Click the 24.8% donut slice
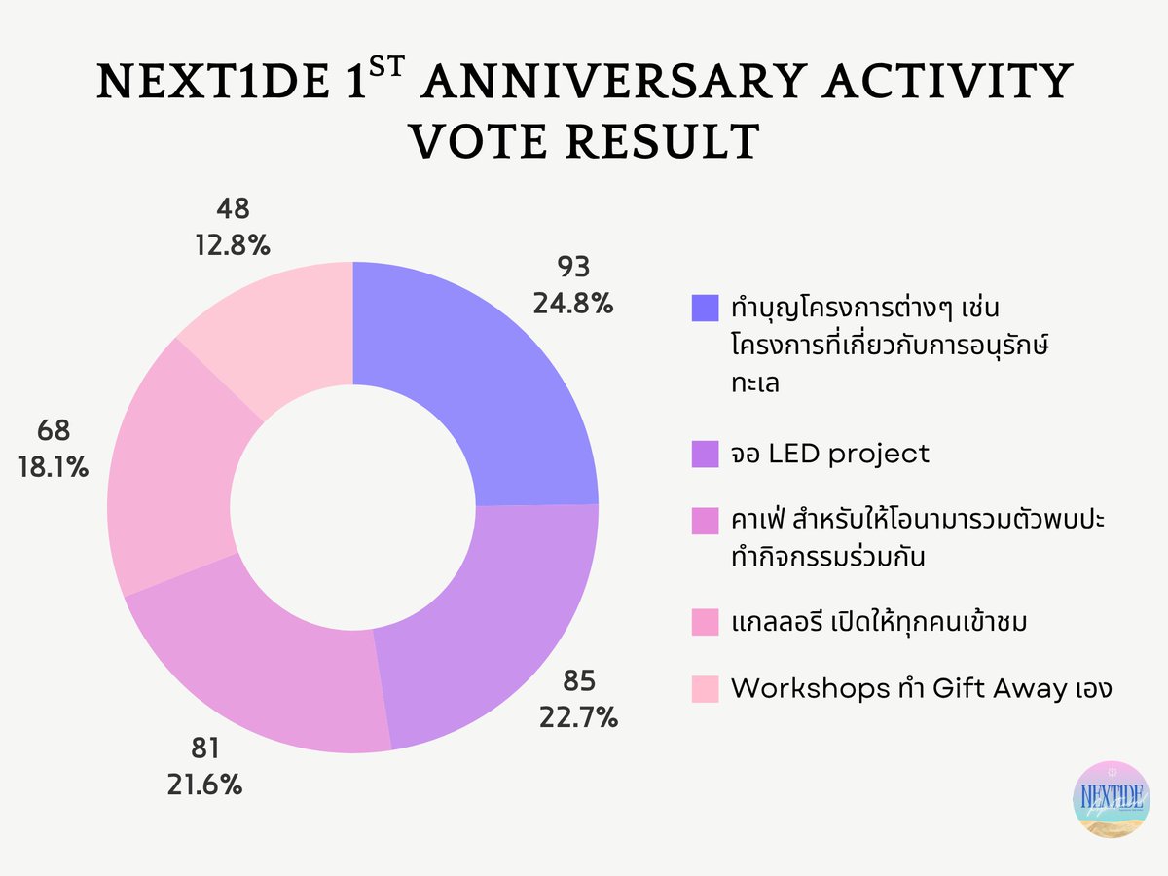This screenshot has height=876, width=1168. (x=477, y=389)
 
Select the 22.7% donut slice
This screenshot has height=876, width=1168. (x=487, y=623)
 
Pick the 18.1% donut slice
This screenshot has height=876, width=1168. (x=175, y=467)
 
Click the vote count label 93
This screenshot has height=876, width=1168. (x=572, y=268)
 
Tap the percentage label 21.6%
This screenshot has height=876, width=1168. (x=203, y=784)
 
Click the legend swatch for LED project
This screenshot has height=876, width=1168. (x=705, y=453)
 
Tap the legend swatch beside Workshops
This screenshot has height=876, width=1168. (x=705, y=688)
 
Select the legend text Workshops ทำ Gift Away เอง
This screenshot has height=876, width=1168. (x=920, y=688)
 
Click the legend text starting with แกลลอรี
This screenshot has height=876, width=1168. (x=879, y=620)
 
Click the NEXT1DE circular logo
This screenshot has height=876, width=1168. (x=1109, y=797)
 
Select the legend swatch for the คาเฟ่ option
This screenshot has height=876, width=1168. (x=705, y=522)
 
